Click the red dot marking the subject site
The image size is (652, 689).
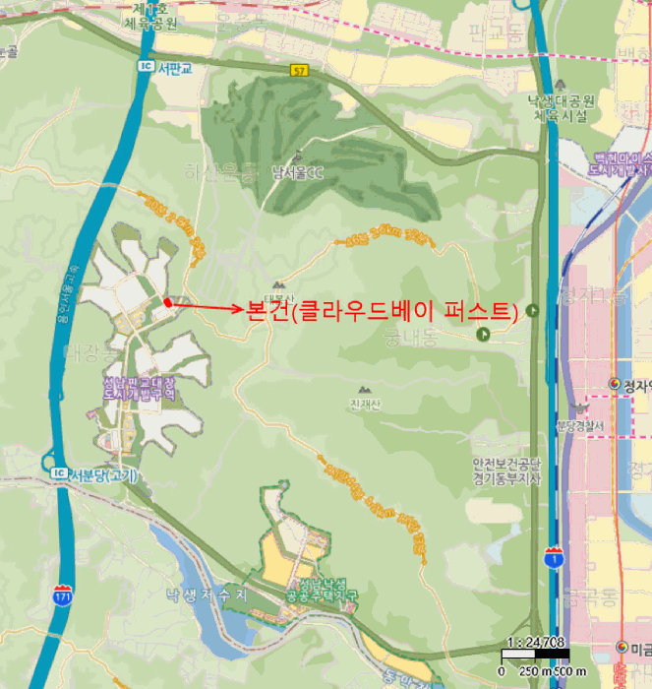168,303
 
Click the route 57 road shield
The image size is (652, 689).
299,70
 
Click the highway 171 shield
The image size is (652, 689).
62,595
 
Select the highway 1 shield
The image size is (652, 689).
554,559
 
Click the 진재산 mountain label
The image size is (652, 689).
363,404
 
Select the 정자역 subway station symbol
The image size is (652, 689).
615,384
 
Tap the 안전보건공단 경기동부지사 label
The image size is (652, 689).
507,472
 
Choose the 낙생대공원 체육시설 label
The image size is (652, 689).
560,107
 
